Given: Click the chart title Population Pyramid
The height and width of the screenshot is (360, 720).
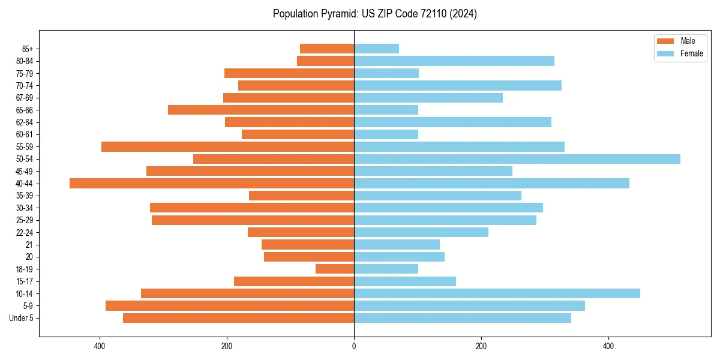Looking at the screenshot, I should pyautogui.click(x=374, y=14).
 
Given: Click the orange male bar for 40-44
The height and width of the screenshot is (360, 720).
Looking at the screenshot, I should pyautogui.click(x=212, y=184).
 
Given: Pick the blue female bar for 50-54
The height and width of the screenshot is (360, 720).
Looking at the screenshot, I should pyautogui.click(x=517, y=159).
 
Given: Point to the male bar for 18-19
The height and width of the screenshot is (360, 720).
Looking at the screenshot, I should pyautogui.click(x=335, y=269).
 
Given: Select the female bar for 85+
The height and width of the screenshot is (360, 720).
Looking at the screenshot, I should pyautogui.click(x=376, y=49).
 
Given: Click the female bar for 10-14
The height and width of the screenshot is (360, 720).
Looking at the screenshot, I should pyautogui.click(x=497, y=293).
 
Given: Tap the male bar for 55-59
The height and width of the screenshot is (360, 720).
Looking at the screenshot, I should pyautogui.click(x=227, y=147).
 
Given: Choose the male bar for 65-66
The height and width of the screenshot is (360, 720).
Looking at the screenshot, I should pyautogui.click(x=261, y=110).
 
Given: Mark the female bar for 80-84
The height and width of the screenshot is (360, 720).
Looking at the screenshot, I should pyautogui.click(x=454, y=61).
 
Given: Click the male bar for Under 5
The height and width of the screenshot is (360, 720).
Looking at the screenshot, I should pyautogui.click(x=238, y=318).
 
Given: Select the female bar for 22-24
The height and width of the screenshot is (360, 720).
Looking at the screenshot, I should pyautogui.click(x=421, y=232).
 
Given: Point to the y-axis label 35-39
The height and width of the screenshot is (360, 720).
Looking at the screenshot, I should pyautogui.click(x=25, y=196).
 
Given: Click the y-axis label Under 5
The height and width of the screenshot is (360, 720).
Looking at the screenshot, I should pyautogui.click(x=22, y=318).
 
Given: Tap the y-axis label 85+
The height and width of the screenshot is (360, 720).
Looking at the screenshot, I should pyautogui.click(x=27, y=49).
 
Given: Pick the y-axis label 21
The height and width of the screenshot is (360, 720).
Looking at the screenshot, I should pyautogui.click(x=29, y=245).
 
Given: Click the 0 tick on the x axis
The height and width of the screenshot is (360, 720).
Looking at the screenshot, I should pyautogui.click(x=354, y=346).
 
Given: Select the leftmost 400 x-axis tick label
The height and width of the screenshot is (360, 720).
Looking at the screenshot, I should pyautogui.click(x=100, y=346).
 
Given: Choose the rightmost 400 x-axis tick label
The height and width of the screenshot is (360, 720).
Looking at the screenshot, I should pyautogui.click(x=608, y=346).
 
